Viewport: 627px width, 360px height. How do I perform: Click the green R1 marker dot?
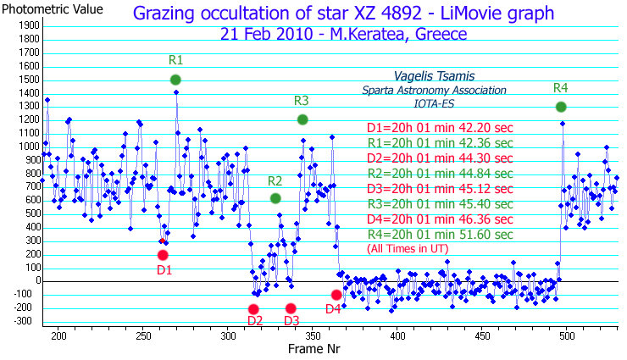175,80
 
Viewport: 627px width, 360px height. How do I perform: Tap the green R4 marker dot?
561,107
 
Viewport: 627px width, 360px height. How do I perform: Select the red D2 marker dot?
254,309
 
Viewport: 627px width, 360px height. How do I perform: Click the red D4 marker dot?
336,295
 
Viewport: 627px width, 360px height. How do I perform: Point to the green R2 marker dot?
275,198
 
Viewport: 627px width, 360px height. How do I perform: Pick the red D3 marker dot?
291,308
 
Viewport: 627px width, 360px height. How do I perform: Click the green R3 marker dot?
302,119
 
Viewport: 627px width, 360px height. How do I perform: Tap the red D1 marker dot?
163,255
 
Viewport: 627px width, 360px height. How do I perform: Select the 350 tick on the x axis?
312,336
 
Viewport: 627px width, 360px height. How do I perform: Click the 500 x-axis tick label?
566,336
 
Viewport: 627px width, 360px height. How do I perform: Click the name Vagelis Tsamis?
435,76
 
